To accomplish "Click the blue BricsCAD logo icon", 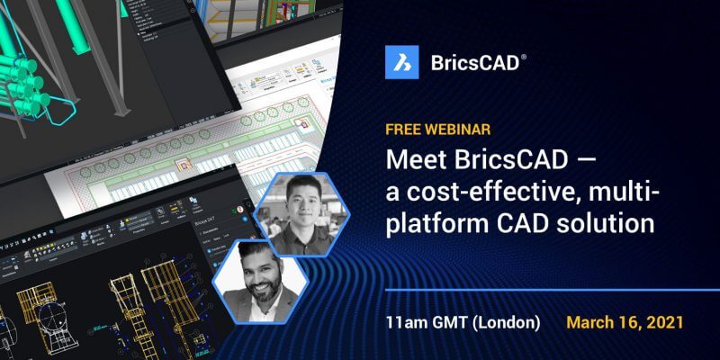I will click(401, 62).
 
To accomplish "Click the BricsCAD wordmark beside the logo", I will click(472, 62).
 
